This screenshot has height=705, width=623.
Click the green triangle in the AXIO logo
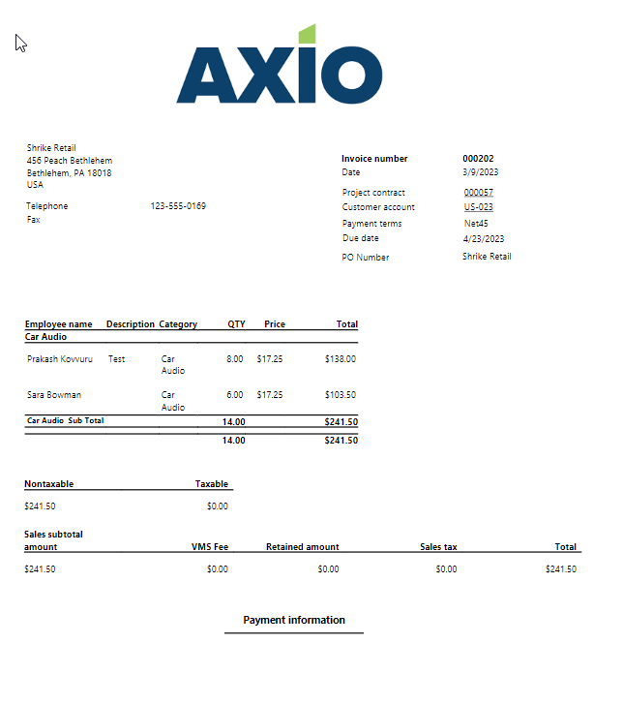coord(307,34)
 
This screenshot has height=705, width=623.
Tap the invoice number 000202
coord(478,158)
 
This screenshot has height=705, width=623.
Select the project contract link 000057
coord(478,193)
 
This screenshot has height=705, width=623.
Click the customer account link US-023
coord(478,207)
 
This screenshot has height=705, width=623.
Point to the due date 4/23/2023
coord(483,238)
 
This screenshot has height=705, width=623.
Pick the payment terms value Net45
coord(476,224)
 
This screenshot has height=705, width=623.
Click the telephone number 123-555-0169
coord(178,205)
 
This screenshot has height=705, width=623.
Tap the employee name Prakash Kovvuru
coord(60,358)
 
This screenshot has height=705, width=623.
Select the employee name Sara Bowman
coord(54,394)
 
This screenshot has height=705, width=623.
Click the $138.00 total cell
coord(341,358)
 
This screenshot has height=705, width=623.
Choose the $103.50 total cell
coord(341,394)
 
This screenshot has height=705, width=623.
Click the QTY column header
coord(236,324)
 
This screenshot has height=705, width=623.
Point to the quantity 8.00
coord(234,358)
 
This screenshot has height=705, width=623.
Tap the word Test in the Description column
coord(116,358)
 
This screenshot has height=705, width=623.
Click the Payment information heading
coord(294,620)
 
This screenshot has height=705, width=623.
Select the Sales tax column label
coord(438,547)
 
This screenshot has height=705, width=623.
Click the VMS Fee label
coord(210,547)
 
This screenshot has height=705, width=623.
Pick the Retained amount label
coord(302,547)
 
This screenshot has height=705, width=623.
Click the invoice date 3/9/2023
coord(481,172)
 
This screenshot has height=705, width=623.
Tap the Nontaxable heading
coord(49,484)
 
